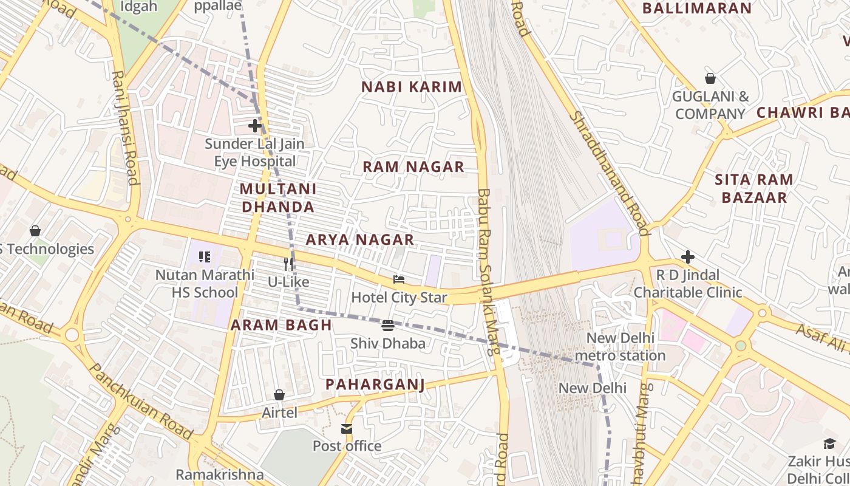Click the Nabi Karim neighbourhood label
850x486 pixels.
412,87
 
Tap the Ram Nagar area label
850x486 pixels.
413,166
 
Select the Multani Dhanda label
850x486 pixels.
278,198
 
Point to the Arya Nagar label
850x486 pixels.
360,239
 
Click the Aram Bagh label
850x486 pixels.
281,325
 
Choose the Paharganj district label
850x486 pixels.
375,384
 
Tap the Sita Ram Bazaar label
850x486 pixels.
753,188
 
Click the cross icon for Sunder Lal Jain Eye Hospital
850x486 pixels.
255,126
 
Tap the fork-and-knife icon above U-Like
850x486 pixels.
289,264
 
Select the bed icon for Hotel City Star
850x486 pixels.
399,279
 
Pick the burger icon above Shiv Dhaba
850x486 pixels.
388,326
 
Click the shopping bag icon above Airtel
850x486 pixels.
279,395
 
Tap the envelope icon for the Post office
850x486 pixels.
347,429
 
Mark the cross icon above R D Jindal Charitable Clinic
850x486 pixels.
687,257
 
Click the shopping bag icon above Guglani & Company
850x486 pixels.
710,78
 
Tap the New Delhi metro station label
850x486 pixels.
620,347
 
